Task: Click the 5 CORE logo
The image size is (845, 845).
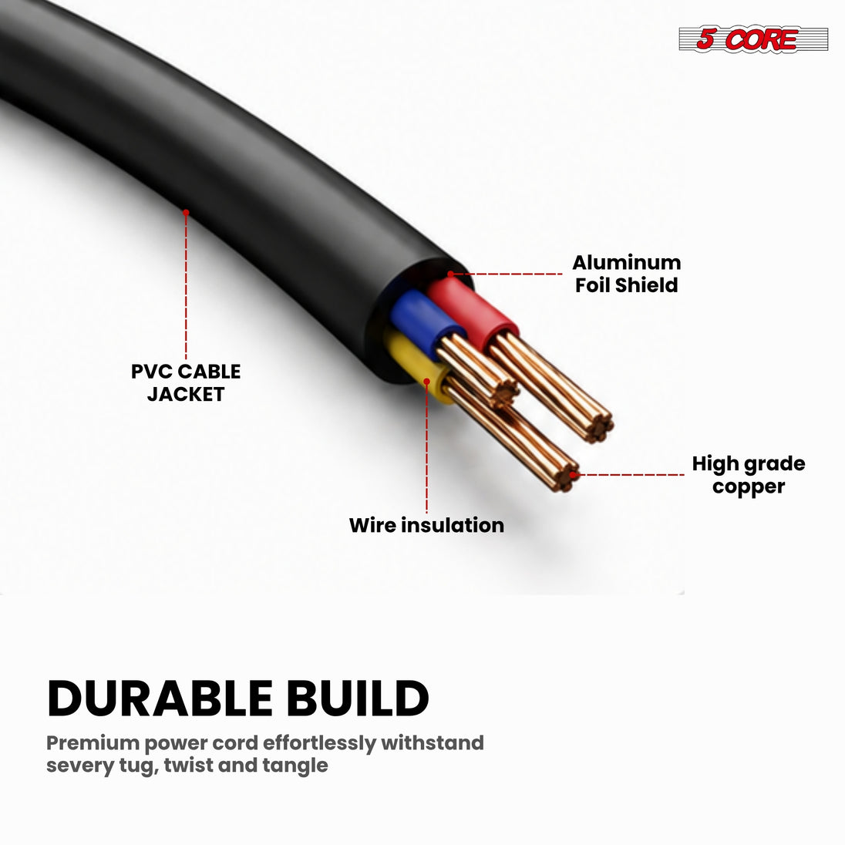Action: (x=752, y=39)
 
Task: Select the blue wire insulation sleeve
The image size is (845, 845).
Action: (x=423, y=322)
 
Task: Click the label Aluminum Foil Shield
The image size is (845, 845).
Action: (x=626, y=274)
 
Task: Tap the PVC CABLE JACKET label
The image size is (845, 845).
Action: (x=186, y=382)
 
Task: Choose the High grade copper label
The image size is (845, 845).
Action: (x=749, y=475)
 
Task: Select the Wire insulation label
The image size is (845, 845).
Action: (x=426, y=525)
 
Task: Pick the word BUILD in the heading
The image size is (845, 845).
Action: (x=357, y=699)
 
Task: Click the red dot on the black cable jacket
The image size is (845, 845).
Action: (x=186, y=212)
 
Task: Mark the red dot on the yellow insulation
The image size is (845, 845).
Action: (x=426, y=382)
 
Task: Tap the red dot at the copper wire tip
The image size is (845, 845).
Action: (x=574, y=474)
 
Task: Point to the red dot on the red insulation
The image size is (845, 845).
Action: (x=451, y=274)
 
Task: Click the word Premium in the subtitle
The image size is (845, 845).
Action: (x=93, y=743)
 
